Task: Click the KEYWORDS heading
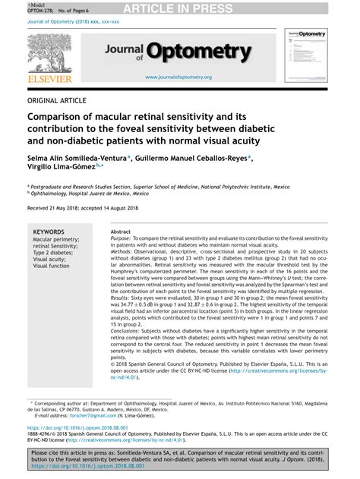tap(49, 232)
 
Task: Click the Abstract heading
tap(121, 231)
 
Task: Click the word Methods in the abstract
tap(125, 251)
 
